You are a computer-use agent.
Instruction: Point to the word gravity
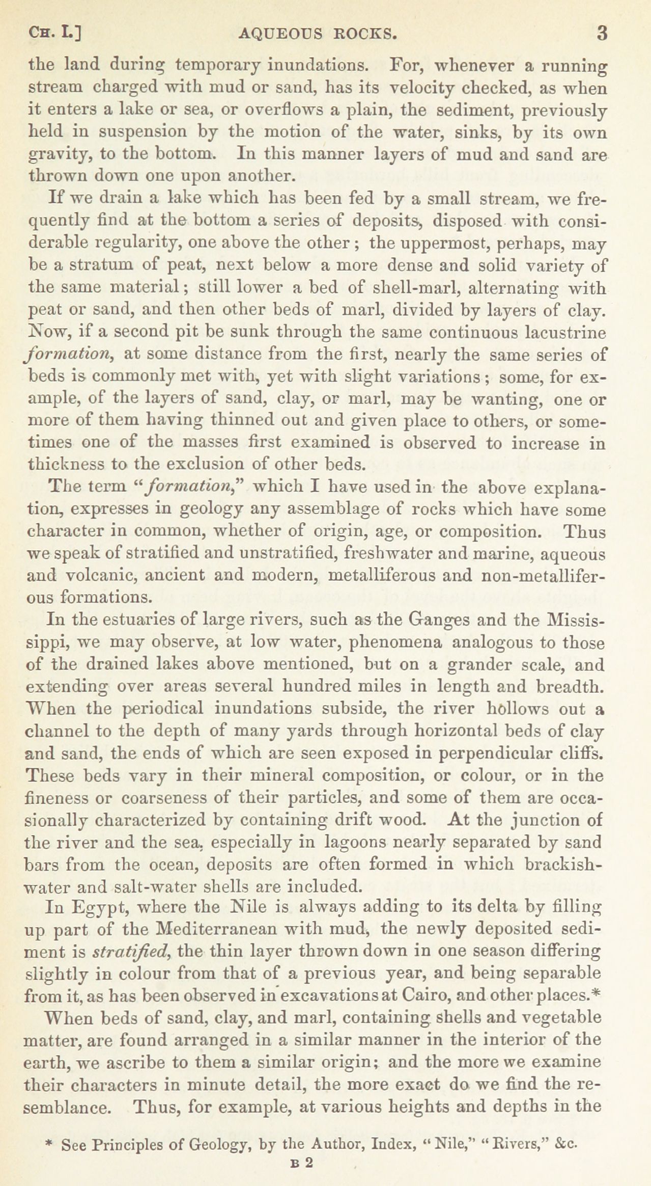tap(53, 155)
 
